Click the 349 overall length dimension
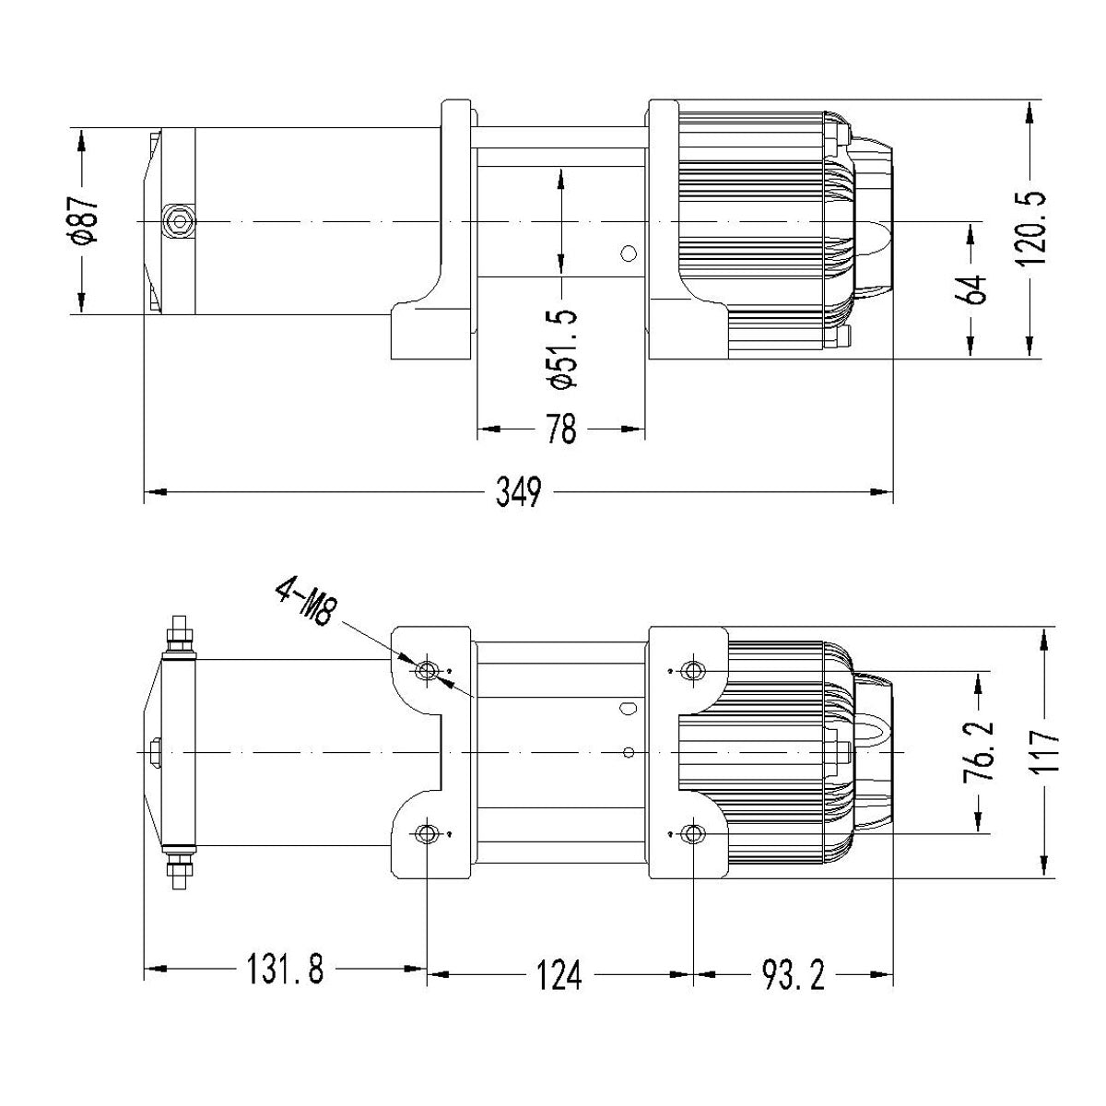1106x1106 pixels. coord(518,492)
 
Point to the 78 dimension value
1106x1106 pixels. coord(561,429)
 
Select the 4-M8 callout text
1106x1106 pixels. coord(304,604)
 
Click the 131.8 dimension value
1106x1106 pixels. coord(284,971)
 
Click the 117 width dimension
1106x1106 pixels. coord(1045,752)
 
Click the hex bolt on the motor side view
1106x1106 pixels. coord(178,221)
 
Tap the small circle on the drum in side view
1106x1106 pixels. coord(629,253)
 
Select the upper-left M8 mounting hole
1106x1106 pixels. coord(426,670)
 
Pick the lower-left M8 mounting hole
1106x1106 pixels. coord(426,834)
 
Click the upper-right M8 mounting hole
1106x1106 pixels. coord(692,670)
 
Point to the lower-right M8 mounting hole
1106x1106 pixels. coord(692,834)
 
